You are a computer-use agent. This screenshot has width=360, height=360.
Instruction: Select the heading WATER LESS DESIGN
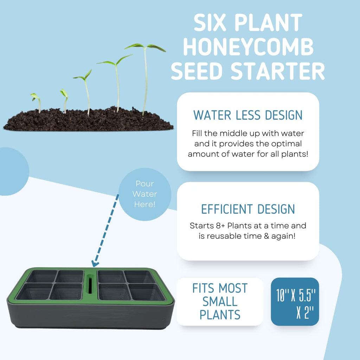coord(248,115)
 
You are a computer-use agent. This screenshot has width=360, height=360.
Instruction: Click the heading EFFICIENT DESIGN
coord(248,209)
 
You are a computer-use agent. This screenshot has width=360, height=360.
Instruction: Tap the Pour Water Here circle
coord(145,194)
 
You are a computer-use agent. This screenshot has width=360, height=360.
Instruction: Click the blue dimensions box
coord(295,302)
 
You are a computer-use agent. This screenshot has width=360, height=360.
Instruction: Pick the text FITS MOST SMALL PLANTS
coord(220,302)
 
